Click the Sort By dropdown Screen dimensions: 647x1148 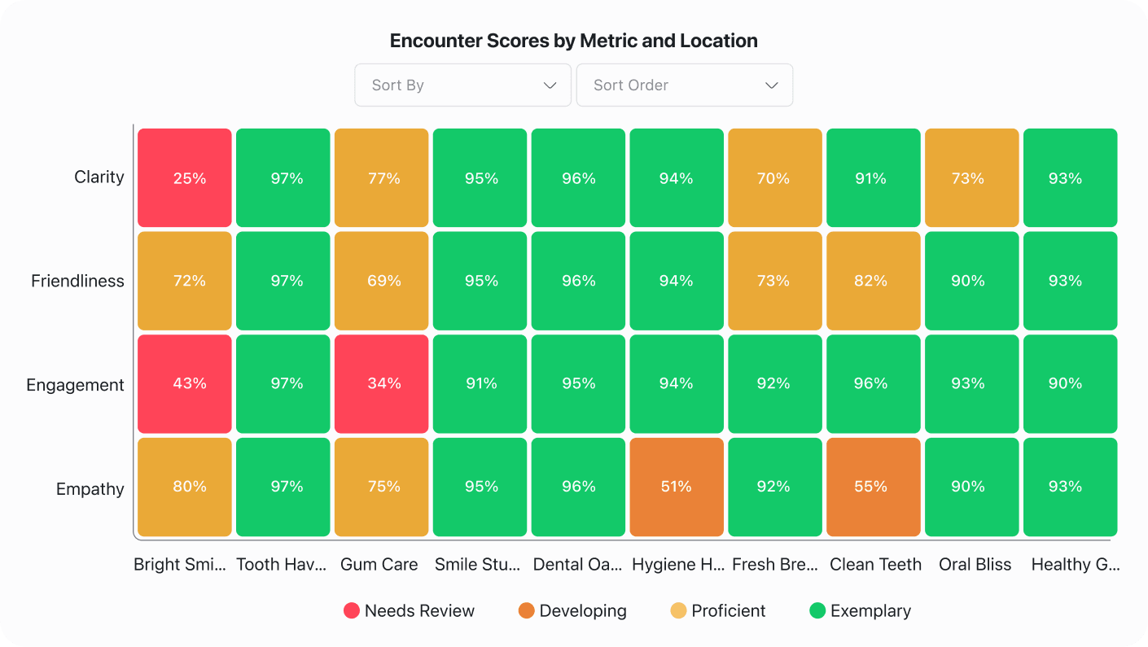point(462,85)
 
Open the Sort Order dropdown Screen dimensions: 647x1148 point(684,85)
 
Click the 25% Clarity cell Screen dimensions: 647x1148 point(185,178)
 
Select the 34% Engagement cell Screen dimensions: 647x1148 point(382,383)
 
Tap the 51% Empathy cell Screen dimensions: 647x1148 point(676,487)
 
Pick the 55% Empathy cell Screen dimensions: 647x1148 point(873,487)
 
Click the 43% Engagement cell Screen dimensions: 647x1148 point(185,383)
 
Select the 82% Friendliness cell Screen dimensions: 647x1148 point(873,281)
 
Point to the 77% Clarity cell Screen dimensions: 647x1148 point(382,178)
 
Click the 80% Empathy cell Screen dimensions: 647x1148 point(185,487)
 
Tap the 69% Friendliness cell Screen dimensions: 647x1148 point(382,281)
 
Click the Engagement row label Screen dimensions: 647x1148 point(75,385)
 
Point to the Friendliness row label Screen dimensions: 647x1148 point(77,281)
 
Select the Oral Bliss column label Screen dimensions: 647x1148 point(975,564)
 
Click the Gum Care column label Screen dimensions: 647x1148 point(379,564)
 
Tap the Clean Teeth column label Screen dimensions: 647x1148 point(875,564)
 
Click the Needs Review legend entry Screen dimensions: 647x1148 point(409,611)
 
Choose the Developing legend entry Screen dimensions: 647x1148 point(572,611)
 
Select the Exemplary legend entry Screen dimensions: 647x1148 point(860,611)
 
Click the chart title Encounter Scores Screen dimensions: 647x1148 point(573,41)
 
